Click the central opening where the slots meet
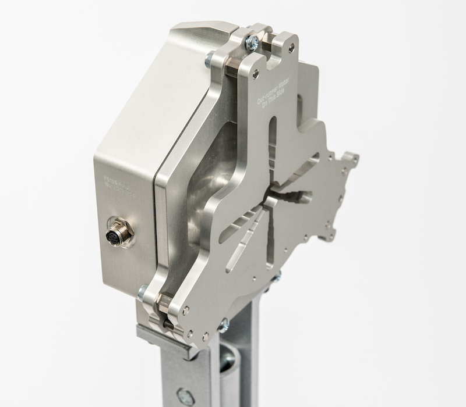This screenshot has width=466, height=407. (269, 201)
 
